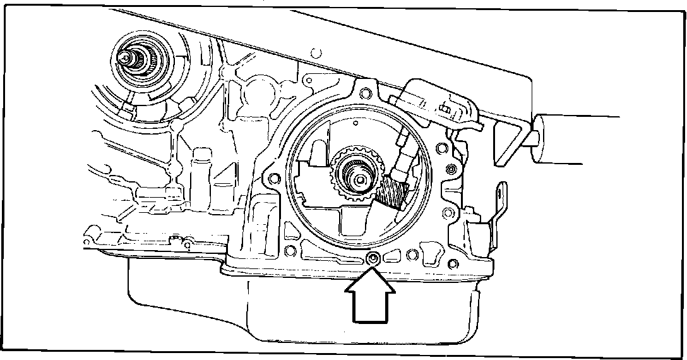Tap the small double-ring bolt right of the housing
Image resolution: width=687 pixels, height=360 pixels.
[451, 171]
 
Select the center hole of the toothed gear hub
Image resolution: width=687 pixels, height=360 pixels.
[357, 179]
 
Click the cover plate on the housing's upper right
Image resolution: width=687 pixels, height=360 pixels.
[436, 101]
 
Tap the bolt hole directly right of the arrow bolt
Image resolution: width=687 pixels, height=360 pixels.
[412, 255]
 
